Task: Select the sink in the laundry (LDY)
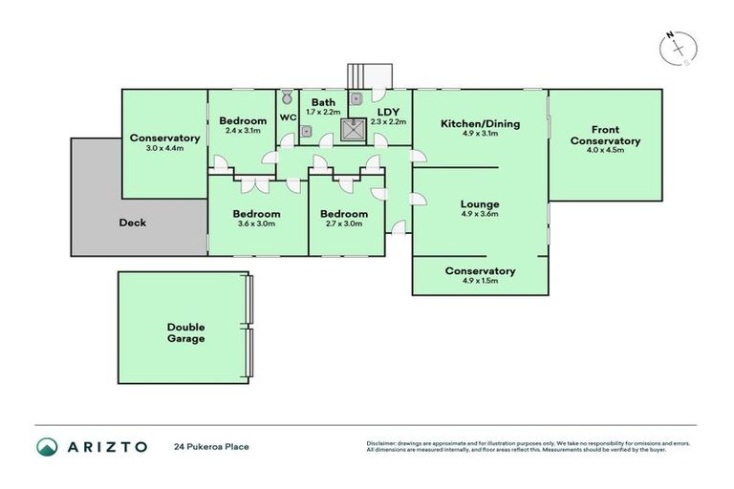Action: click(356, 96)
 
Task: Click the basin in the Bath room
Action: click(308, 131)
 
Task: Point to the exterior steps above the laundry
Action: click(368, 74)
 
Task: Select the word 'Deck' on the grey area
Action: click(132, 223)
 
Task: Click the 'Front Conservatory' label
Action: click(605, 136)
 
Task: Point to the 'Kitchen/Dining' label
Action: click(480, 123)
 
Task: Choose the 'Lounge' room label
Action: click(480, 203)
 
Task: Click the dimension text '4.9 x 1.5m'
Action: click(480, 282)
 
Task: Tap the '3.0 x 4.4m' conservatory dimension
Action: click(163, 148)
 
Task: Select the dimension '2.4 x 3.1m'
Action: click(242, 131)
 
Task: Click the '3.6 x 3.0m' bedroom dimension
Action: click(257, 223)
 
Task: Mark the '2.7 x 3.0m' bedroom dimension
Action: click(343, 223)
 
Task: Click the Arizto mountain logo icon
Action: click(47, 446)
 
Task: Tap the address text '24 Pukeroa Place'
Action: click(211, 446)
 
